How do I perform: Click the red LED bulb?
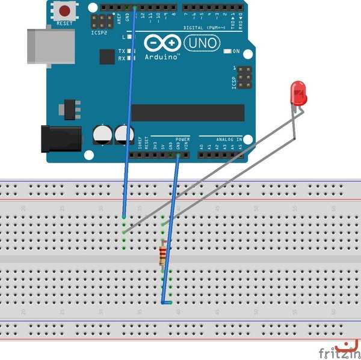pos(298,93)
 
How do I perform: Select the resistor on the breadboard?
pos(162,256)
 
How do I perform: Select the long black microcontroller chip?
pos(188,113)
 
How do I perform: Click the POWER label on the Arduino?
pos(183,139)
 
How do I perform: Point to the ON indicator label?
pos(236,52)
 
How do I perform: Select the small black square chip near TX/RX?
pos(107,57)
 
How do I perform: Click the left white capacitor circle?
pos(102,134)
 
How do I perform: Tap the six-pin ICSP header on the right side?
pos(244,77)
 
